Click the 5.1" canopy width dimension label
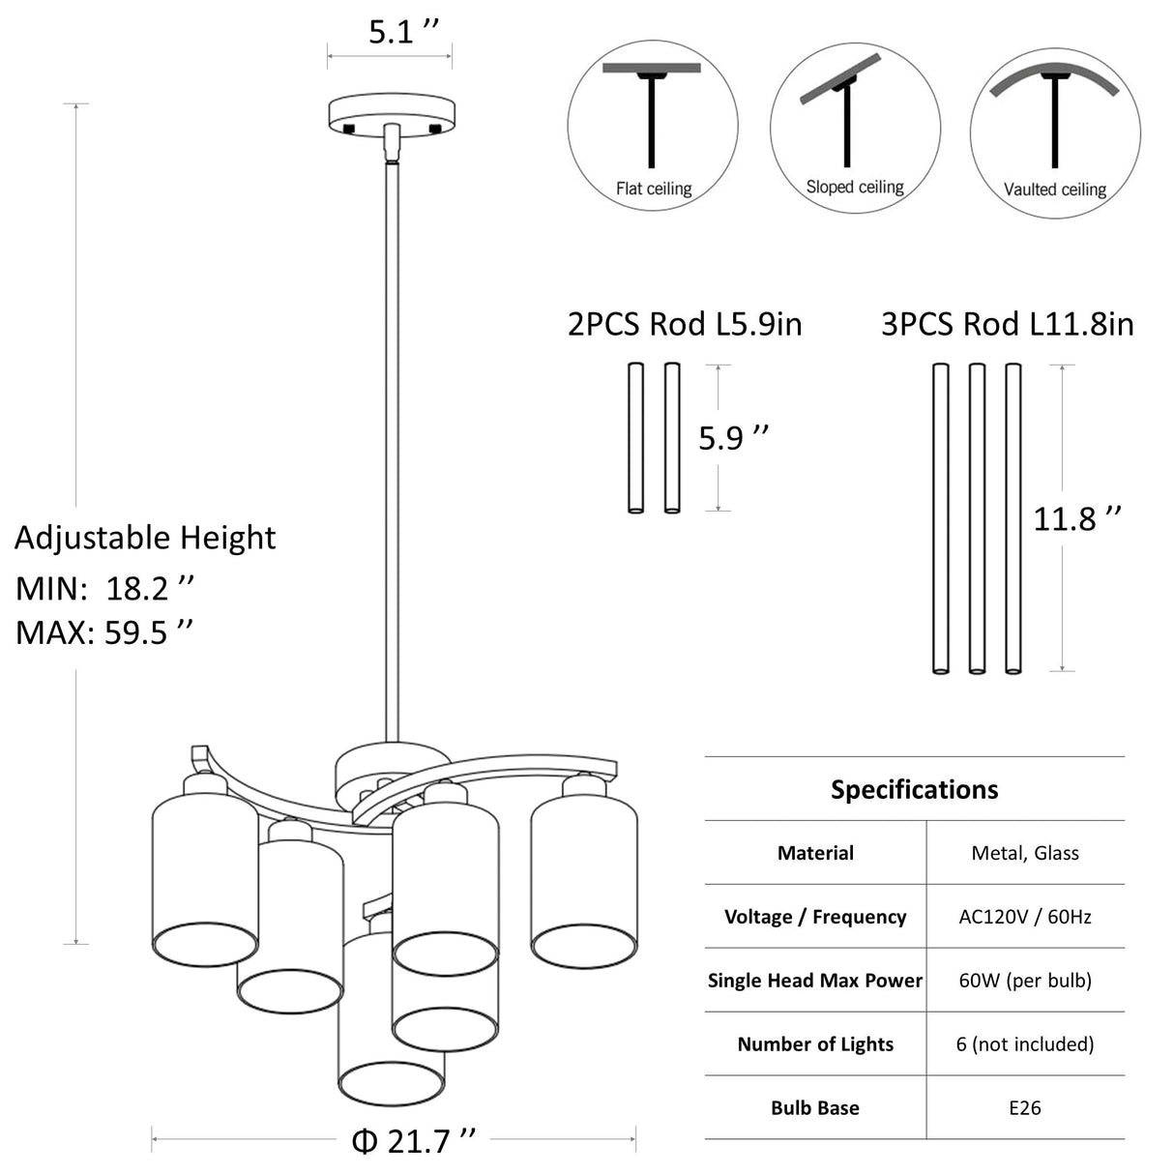click(403, 32)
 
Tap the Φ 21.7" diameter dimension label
click(413, 1141)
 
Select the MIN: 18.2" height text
click(104, 589)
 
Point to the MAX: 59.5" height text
click(104, 632)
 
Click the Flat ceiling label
click(654, 189)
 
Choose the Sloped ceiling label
click(855, 187)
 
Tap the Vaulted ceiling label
click(1055, 191)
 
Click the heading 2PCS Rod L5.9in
click(685, 324)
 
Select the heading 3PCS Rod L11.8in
click(1008, 324)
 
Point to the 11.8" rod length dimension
click(1077, 519)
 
